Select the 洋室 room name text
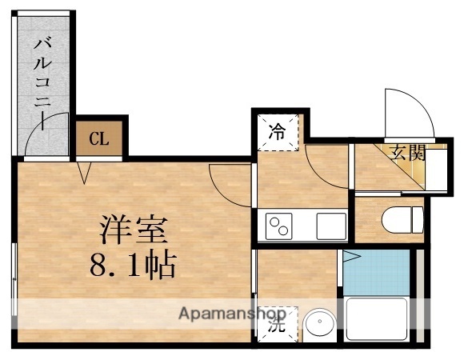tap(134, 230)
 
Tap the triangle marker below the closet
tap(84, 170)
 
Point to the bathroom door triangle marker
tap(350, 258)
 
